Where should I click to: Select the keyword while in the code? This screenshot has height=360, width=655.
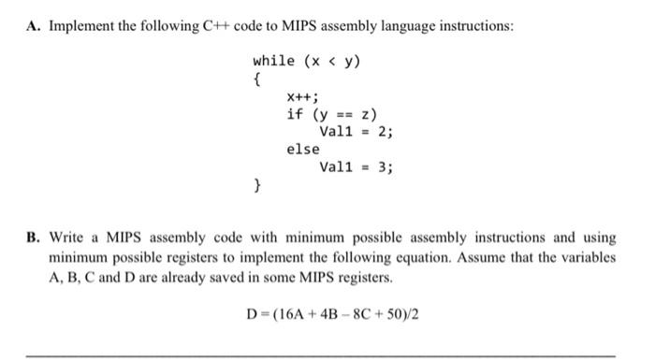coord(273,61)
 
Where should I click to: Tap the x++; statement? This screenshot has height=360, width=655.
coord(302,96)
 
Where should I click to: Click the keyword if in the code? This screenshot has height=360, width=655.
coord(295,114)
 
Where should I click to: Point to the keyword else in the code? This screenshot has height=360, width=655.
coord(302,150)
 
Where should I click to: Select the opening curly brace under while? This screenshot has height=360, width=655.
coord(256,79)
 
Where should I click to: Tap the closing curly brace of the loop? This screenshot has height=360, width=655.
coord(256,185)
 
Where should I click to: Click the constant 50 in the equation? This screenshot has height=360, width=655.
coord(394,312)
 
